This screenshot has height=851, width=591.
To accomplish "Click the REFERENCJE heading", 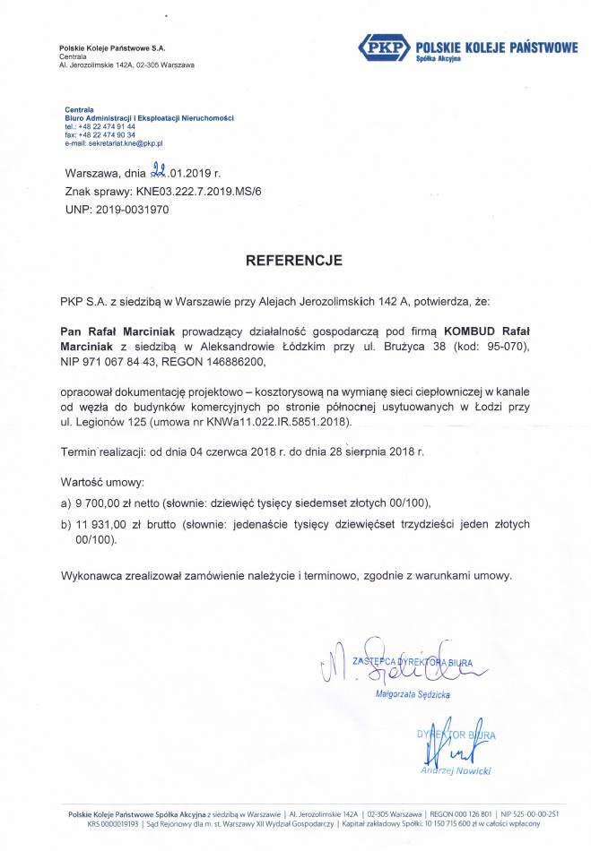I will click(295, 261).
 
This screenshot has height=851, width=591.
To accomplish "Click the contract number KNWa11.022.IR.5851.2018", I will click(288, 420).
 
